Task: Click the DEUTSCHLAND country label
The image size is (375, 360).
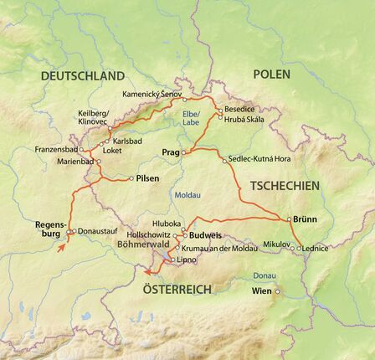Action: [x=82, y=75]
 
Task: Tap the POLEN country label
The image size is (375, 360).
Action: [x=271, y=74]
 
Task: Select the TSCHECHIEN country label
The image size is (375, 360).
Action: [x=285, y=184]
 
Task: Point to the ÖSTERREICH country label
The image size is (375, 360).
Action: [x=177, y=289]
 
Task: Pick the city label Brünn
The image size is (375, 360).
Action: [x=306, y=219]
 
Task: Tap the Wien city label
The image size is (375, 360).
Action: [x=262, y=291]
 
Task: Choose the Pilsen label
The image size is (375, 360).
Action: [x=147, y=177]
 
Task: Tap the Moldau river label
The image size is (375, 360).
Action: [x=187, y=196]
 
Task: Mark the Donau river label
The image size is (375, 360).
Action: [x=265, y=275]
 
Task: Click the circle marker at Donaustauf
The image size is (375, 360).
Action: [x=73, y=231]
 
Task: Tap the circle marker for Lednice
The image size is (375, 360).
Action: [x=300, y=249]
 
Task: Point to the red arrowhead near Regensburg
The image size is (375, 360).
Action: [x=61, y=249]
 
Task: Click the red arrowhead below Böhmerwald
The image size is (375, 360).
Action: [x=146, y=270]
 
